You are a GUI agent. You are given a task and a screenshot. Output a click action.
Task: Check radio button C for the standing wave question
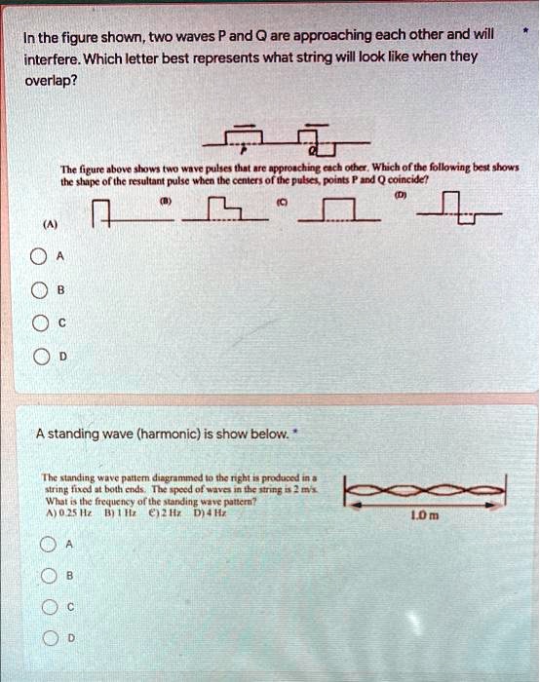49,606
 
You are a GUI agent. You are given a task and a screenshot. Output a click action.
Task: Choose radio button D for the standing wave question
49,637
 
